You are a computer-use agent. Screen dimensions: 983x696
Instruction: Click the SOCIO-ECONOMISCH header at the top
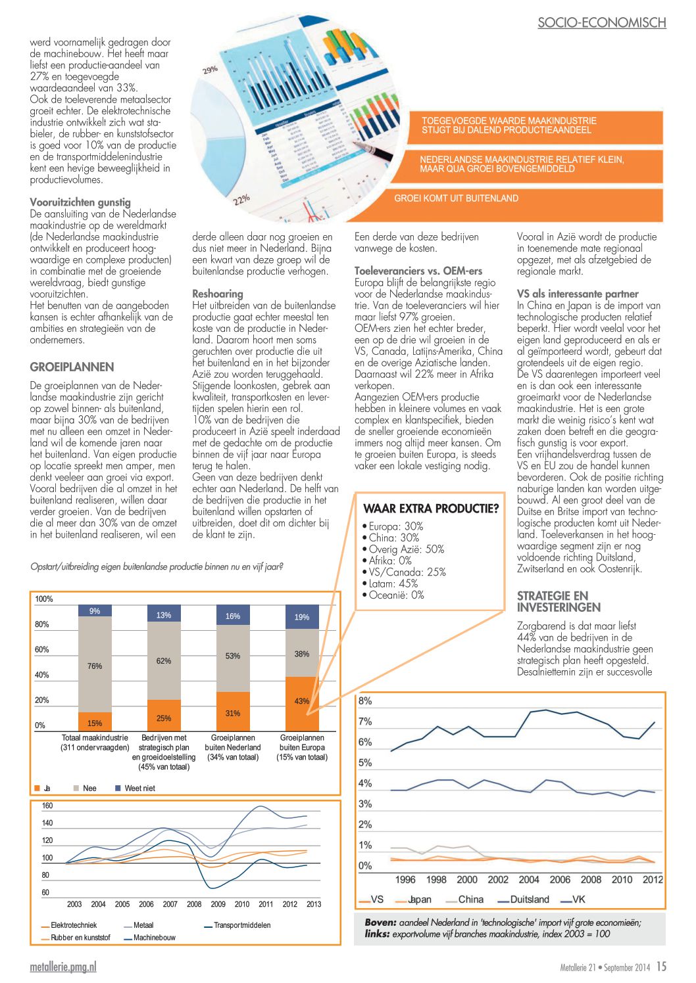pos(601,22)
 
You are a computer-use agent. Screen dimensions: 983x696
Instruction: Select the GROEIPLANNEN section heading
pos(72,367)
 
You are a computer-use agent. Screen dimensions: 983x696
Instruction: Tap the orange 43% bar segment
pos(302,700)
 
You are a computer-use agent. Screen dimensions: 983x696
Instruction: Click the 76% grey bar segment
pos(95,665)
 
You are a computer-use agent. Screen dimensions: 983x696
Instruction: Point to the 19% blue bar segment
pos(302,617)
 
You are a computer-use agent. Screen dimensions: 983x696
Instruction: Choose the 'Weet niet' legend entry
pos(139,788)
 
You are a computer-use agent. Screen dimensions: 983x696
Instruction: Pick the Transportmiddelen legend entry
pos(241,925)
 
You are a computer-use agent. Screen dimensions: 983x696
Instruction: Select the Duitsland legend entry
pos(529,900)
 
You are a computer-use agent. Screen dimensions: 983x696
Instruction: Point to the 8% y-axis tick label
pos(365,701)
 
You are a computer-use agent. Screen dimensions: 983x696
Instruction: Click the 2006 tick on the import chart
pos(560,880)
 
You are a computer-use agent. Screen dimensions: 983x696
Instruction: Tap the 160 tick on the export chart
pos(47,806)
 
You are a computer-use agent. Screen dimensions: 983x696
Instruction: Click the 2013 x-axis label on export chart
pos(314,904)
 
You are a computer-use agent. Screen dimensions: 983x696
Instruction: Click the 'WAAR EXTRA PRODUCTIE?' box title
pos(431,509)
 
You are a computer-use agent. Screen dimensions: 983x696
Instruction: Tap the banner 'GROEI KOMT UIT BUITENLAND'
pos(456,198)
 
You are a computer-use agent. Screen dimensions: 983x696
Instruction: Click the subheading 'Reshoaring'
pos(217,294)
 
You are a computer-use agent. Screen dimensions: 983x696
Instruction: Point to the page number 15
pos(661,967)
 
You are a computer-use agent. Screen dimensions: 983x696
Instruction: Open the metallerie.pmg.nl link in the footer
pos(63,967)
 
